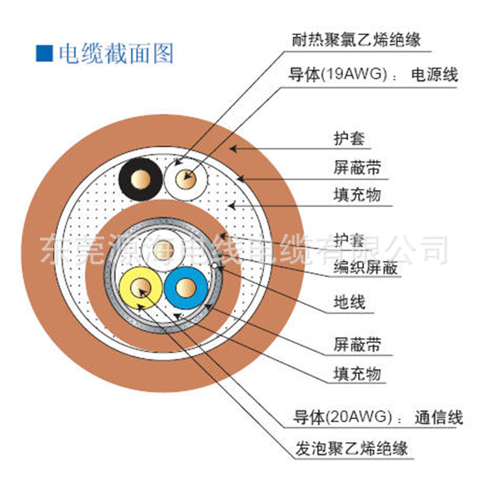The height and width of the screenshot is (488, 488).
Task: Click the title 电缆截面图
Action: point(116,53)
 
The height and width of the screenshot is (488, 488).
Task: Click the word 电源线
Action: point(433,75)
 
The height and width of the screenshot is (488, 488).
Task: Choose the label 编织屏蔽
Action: point(365,267)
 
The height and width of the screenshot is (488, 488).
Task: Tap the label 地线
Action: point(349,302)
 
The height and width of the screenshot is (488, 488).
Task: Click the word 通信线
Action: point(439,416)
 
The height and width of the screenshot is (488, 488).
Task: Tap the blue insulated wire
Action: point(186,288)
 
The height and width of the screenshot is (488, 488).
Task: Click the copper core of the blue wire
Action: point(186,288)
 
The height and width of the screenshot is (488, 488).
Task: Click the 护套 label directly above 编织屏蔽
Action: point(349,239)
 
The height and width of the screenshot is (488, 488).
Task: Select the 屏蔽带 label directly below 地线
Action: point(357,344)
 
